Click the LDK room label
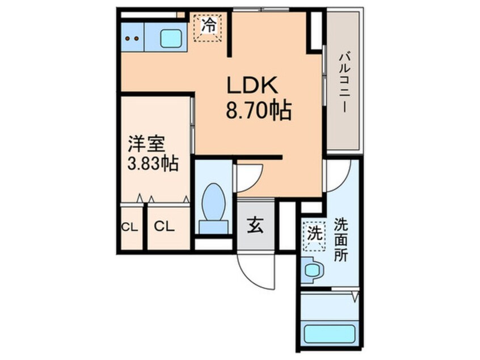click(x=252, y=86)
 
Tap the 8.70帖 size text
click(x=258, y=110)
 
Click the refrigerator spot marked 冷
click(x=209, y=27)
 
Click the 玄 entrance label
click(x=255, y=225)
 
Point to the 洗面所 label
click(x=340, y=239)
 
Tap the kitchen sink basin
click(x=170, y=38)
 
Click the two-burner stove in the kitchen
click(x=132, y=38)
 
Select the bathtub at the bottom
click(x=329, y=333)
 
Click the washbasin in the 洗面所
click(x=312, y=269)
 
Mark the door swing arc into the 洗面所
click(x=338, y=176)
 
